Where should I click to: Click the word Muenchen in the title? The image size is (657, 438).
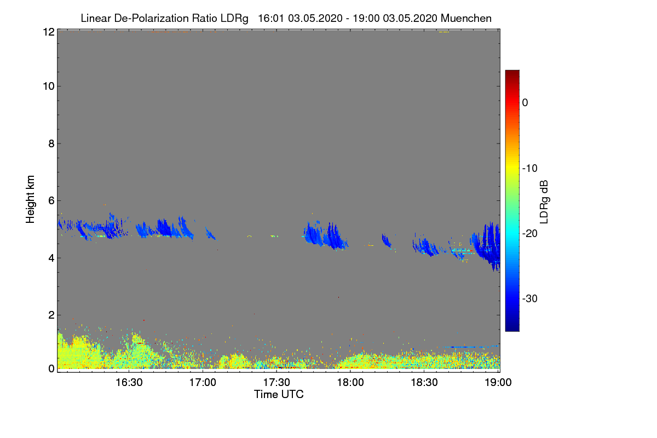tap(466, 18)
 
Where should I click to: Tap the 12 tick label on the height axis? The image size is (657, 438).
tap(48, 32)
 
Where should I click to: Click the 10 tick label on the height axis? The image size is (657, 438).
tap(48, 86)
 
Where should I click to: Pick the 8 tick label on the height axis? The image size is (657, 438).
tap(50, 143)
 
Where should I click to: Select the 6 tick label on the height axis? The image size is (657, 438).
tap(50, 200)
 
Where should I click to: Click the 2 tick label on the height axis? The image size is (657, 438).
tap(50, 315)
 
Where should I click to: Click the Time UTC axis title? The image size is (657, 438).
tap(279, 394)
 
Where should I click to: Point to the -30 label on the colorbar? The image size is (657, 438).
tap(530, 299)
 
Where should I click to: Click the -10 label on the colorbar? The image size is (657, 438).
tap(530, 168)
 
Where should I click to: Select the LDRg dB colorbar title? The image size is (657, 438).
tap(544, 201)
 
